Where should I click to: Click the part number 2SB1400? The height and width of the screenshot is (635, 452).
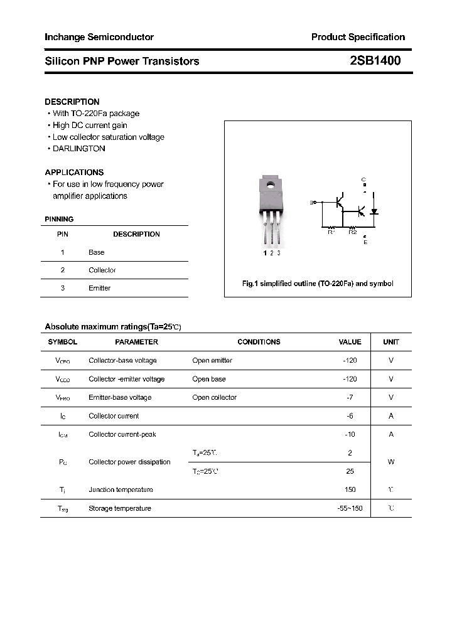pyautogui.click(x=375, y=61)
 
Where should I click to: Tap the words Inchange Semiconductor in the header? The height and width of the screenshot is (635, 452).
pyautogui.click(x=99, y=37)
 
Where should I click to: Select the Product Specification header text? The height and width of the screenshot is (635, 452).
pyautogui.click(x=358, y=37)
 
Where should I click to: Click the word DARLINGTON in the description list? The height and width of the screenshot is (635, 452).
pyautogui.click(x=79, y=149)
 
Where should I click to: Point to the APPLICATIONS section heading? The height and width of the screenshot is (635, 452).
pyautogui.click(x=74, y=172)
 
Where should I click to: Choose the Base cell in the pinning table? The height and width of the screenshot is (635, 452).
pyautogui.click(x=97, y=252)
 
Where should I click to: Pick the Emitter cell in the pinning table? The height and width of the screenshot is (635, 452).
pyautogui.click(x=99, y=288)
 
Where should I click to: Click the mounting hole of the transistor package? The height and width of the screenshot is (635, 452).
pyautogui.click(x=271, y=184)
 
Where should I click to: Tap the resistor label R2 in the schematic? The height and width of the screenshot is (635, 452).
pyautogui.click(x=352, y=232)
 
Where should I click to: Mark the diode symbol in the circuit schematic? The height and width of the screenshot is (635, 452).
pyautogui.click(x=374, y=211)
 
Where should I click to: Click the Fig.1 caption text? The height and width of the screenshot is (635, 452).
pyautogui.click(x=318, y=284)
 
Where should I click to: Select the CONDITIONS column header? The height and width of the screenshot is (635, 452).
pyautogui.click(x=259, y=342)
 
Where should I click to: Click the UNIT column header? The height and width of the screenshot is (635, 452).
pyautogui.click(x=391, y=342)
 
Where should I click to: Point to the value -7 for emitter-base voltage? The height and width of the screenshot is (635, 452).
pyautogui.click(x=350, y=397)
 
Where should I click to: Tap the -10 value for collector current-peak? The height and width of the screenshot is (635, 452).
pyautogui.click(x=350, y=434)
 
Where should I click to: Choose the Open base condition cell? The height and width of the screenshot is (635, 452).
pyautogui.click(x=209, y=379)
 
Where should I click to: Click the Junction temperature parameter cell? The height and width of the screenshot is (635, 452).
pyautogui.click(x=121, y=489)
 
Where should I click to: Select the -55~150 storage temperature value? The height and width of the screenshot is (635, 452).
pyautogui.click(x=350, y=508)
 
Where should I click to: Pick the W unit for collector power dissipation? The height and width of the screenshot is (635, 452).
pyautogui.click(x=391, y=462)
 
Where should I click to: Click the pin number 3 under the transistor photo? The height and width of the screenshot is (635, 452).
pyautogui.click(x=279, y=253)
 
